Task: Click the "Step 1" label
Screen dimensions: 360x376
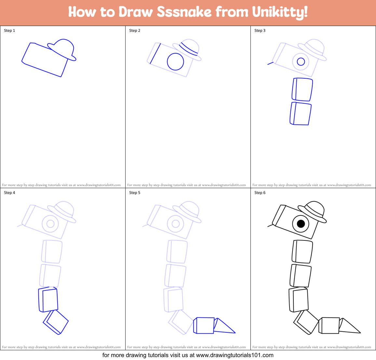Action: pos(9,31)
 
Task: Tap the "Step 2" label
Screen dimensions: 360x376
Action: pos(135,31)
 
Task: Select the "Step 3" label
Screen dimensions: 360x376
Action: pos(260,31)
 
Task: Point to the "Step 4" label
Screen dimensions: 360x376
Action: pos(9,193)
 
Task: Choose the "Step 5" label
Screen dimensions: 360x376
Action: pos(135,193)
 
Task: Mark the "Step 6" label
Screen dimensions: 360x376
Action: pos(260,193)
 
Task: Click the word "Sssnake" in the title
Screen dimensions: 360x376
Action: pos(184,12)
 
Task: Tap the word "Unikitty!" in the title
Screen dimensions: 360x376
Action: pos(280,12)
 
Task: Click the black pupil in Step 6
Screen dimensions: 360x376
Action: pos(301,224)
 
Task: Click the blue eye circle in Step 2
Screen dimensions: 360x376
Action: pos(175,61)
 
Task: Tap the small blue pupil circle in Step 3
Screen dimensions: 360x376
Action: pos(301,61)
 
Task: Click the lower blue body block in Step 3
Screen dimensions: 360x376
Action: pos(301,114)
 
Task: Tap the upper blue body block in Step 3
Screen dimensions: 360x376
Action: pos(302,89)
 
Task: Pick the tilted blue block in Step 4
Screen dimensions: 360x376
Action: pos(56,322)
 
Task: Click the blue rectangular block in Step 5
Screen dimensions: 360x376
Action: pos(204,326)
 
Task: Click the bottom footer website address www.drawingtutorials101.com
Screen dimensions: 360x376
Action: pos(235,355)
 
